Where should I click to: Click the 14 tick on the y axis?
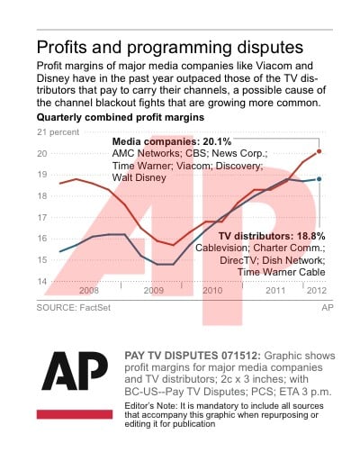[41, 281]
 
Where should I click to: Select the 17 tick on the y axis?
[41, 217]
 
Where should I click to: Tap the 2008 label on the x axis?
[89, 291]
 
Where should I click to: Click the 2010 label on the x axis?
[212, 291]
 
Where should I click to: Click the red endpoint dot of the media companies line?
[319, 151]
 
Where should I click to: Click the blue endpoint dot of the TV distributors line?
[319, 179]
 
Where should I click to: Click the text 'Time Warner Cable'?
[281, 271]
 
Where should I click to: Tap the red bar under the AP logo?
[75, 413]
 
